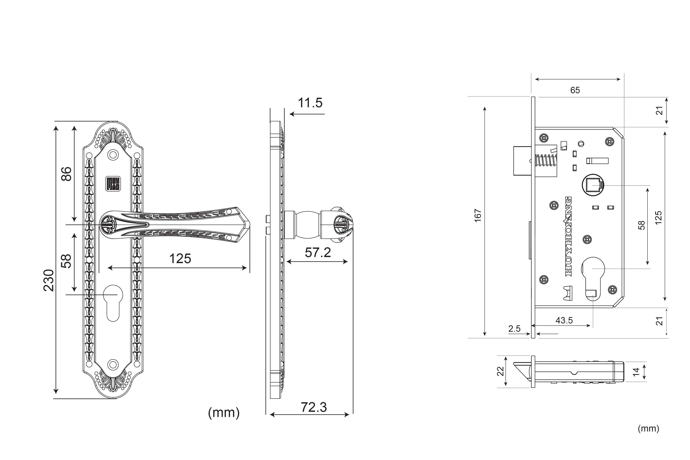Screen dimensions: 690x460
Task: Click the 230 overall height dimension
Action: click(x=49, y=280)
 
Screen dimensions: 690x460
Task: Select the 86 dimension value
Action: click(x=66, y=174)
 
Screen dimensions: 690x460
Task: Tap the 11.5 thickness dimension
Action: click(x=310, y=103)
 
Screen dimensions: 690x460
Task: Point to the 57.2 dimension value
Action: click(x=318, y=253)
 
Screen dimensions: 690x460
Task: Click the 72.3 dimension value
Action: click(x=314, y=407)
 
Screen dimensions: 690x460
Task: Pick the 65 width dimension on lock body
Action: click(x=575, y=90)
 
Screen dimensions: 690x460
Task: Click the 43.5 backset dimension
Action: click(x=564, y=320)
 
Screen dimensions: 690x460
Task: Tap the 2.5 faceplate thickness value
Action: click(x=514, y=329)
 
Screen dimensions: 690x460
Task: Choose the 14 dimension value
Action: click(x=636, y=372)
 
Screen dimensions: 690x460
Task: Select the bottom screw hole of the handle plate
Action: click(x=113, y=365)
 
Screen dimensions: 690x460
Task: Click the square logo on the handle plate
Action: click(x=113, y=184)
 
